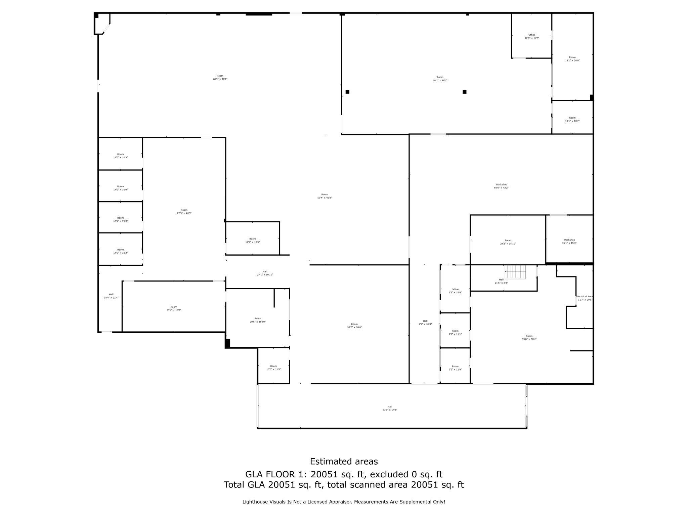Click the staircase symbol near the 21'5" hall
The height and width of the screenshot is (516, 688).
tap(515, 272)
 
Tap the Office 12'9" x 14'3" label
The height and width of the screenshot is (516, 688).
tap(532, 37)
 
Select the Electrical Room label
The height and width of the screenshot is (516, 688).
tap(585, 298)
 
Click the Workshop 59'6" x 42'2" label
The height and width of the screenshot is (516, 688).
tap(501, 186)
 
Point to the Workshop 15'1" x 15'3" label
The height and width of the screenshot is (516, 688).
tap(569, 242)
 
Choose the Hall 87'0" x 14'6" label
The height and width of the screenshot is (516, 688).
tap(390, 408)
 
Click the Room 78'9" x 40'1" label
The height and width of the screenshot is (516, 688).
tap(220, 77)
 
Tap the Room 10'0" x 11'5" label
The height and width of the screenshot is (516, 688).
tap(273, 368)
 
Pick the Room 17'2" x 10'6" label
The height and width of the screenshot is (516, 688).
tap(253, 241)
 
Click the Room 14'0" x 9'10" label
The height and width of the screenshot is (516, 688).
tap(121, 219)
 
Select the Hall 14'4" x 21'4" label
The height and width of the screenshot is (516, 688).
tap(111, 296)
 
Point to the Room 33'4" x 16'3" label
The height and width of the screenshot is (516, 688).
tap(174, 308)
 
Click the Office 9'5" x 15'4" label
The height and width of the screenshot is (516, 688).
tap(455, 291)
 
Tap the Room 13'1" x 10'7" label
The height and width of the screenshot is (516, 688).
tap(572, 119)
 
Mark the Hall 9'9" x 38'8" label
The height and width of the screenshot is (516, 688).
tap(425, 322)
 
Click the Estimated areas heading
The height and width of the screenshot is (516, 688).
tap(344, 462)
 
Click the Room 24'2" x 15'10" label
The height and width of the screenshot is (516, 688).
tap(508, 242)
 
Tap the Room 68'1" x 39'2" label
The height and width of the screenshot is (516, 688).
tap(440, 79)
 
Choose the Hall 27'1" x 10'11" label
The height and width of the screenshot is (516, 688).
tap(265, 273)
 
